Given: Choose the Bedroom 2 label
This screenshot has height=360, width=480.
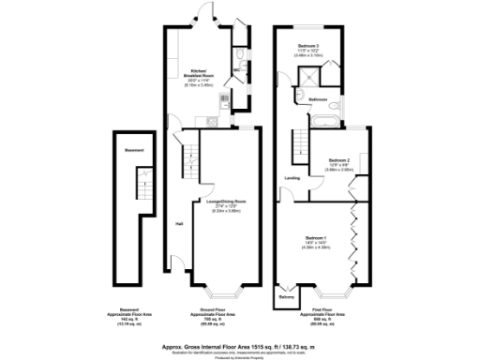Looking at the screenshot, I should pyautogui.click(x=337, y=160).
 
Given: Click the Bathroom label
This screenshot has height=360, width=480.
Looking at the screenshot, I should pyautogui.click(x=318, y=98).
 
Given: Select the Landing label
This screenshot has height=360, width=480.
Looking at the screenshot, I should pyautogui.click(x=292, y=177).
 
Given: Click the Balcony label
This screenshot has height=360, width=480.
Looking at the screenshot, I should pyautogui.click(x=286, y=298).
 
